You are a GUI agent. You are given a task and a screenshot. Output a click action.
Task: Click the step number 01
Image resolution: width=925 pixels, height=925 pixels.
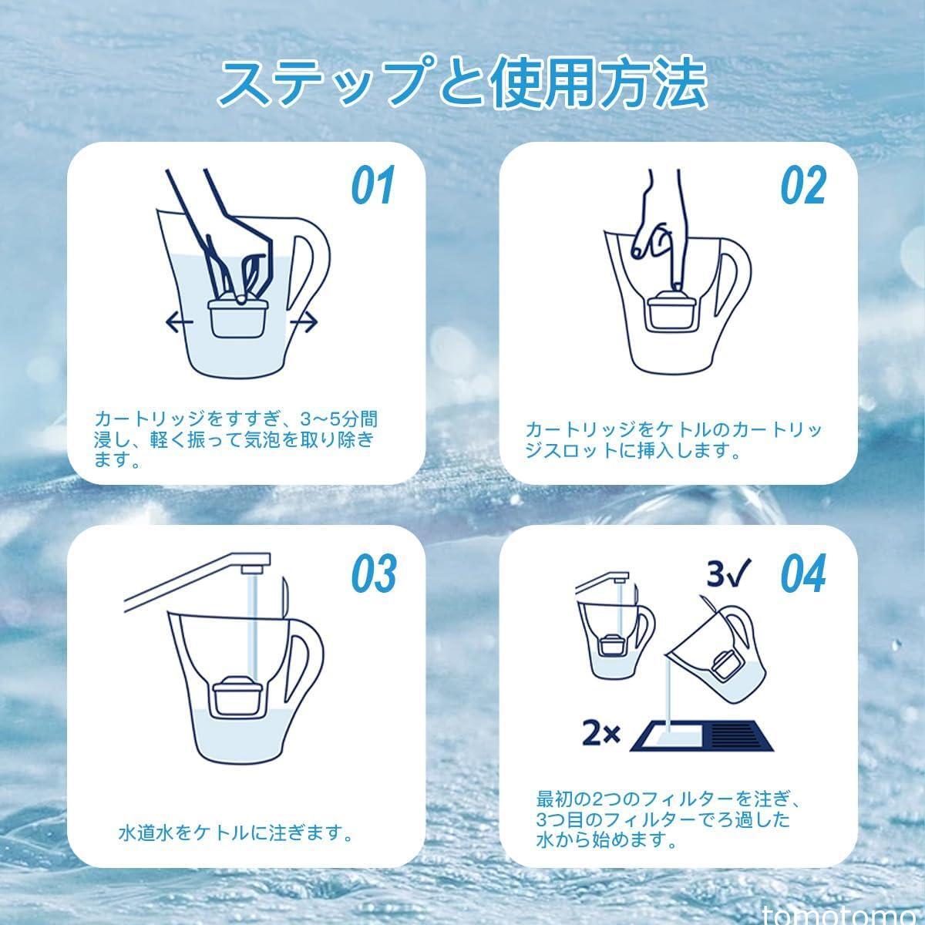point(373,185)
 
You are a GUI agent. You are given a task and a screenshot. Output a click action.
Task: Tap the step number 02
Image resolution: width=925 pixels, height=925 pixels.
point(804,185)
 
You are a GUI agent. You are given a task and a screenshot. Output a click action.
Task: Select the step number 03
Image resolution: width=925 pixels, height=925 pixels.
point(374,573)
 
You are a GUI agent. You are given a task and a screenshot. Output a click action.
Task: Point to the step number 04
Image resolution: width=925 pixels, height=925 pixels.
point(804,573)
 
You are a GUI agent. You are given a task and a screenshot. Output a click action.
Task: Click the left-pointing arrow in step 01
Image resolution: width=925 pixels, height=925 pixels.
point(180,322)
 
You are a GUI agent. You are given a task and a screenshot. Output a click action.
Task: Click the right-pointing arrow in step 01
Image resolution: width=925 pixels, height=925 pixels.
point(304,322)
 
